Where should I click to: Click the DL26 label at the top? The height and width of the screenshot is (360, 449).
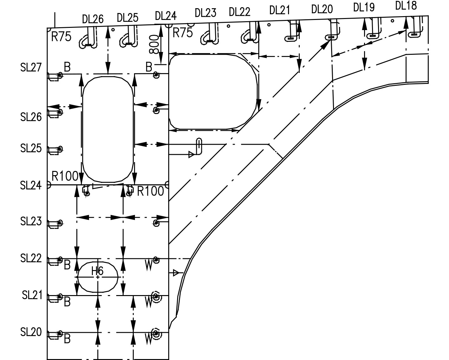pos(93,19)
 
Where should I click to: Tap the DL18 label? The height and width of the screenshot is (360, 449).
pos(406,6)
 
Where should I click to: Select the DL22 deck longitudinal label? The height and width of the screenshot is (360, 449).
pos(240,12)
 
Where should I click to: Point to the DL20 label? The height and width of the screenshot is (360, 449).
pos(322,9)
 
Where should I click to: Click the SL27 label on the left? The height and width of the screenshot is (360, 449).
pos(31,67)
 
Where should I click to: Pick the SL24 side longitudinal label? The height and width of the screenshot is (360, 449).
pos(31,185)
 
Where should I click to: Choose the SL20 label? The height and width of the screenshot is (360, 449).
pos(31,332)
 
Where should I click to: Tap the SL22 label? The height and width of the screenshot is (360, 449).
pos(31,258)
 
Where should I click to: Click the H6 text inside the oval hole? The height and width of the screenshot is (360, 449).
pos(97,271)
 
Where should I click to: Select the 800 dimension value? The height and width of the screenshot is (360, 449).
pos(154,44)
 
